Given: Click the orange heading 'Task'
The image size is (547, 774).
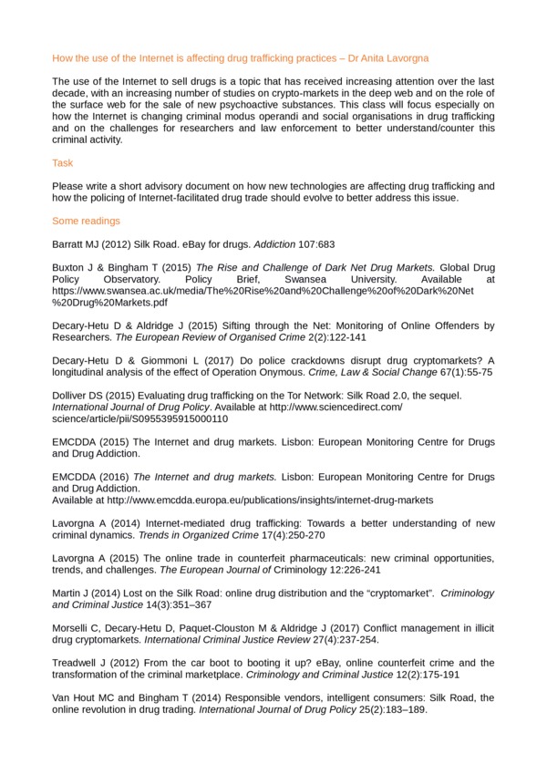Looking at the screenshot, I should [63, 163].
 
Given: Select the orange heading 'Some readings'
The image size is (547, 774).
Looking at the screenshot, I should [86, 221].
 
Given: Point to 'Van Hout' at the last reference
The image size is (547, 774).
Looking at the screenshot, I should [73, 697].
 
